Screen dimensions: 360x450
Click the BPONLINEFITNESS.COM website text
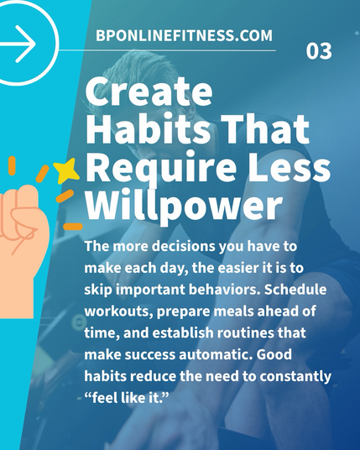184,35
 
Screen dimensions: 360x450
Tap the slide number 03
319,51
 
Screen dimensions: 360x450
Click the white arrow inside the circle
18,44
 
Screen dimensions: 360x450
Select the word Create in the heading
149,92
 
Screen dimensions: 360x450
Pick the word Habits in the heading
148,128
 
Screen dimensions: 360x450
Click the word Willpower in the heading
183,203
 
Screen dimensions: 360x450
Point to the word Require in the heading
161,169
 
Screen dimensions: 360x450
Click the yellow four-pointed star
66,170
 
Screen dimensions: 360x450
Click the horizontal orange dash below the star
73,227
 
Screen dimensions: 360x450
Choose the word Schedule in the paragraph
295,290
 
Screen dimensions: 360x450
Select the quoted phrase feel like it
126,397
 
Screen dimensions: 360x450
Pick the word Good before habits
274,354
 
